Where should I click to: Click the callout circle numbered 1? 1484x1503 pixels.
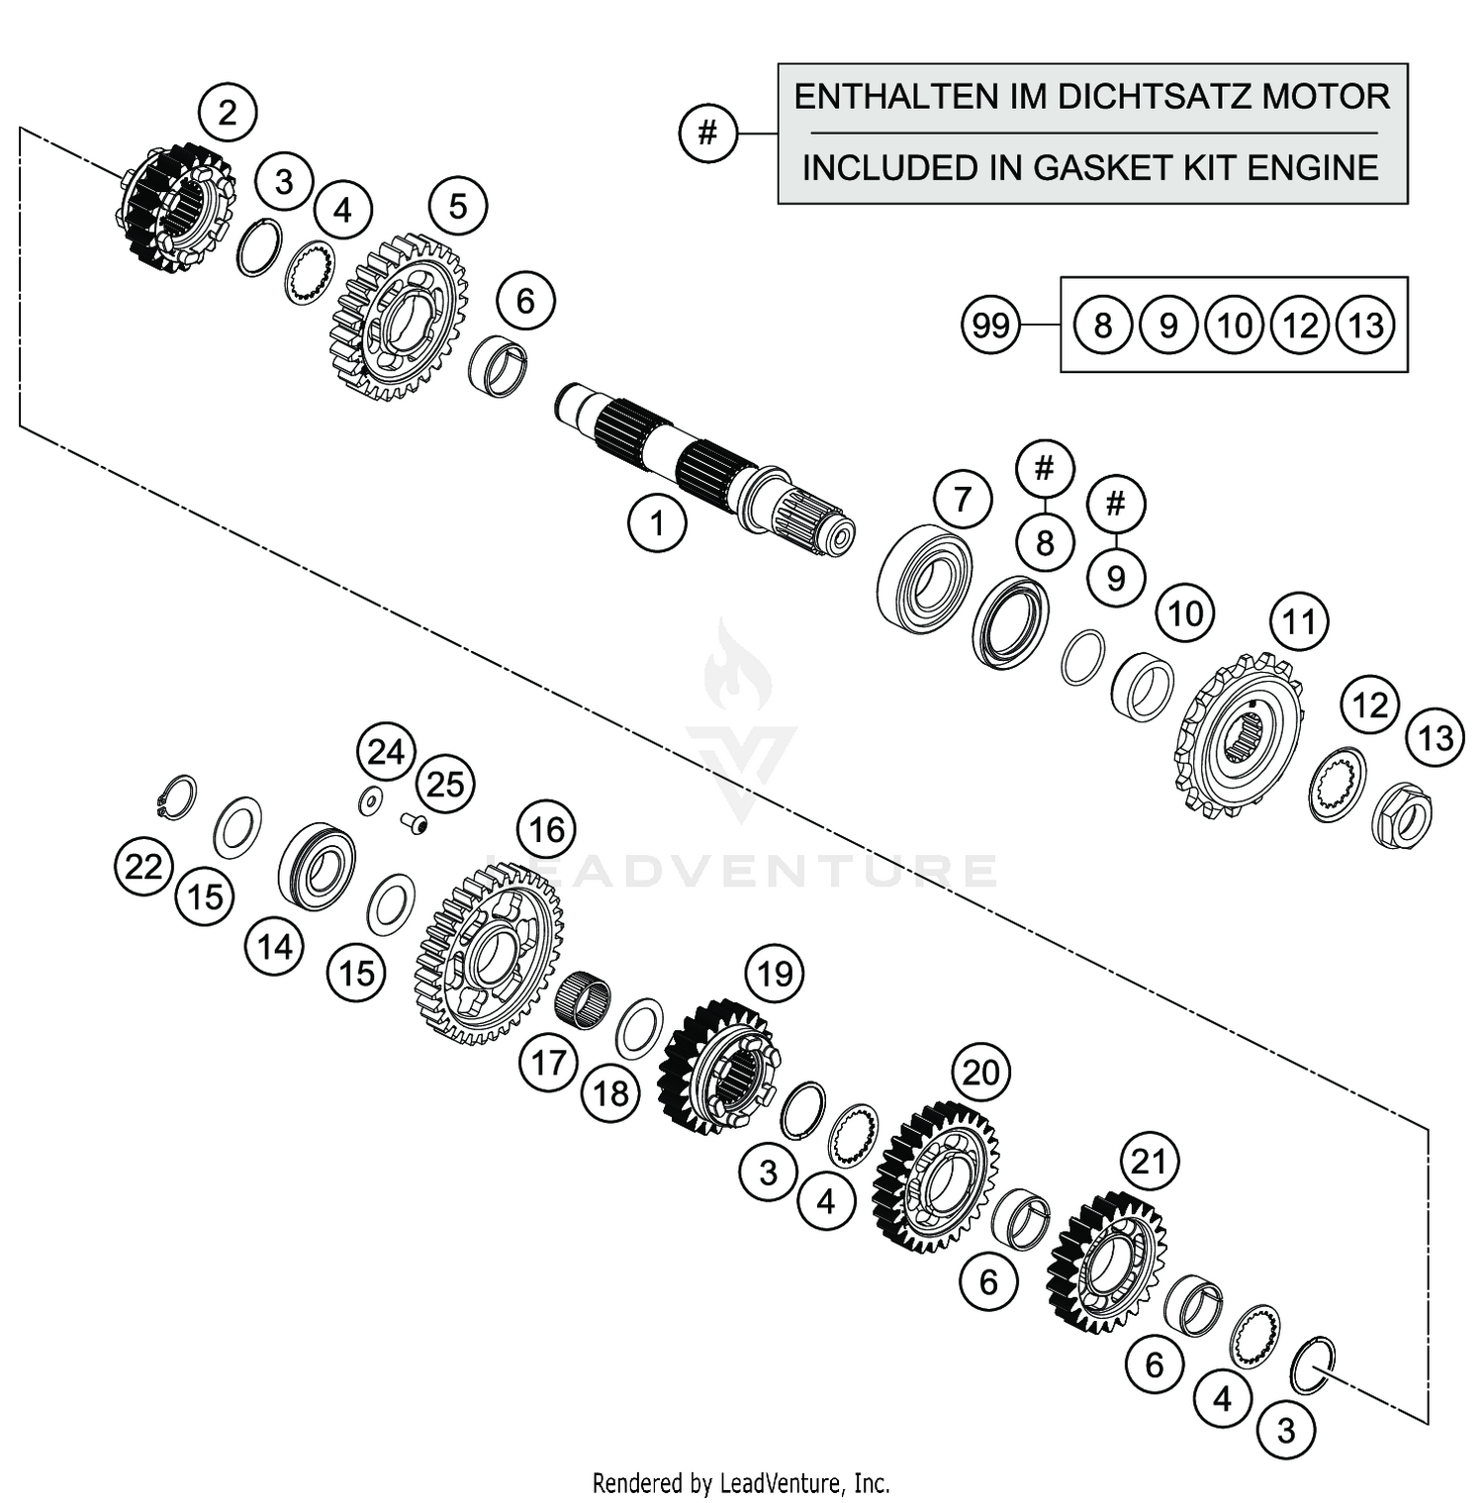(657, 522)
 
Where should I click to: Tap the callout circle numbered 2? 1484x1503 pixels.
(228, 112)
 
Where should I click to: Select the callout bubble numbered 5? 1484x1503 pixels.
(457, 206)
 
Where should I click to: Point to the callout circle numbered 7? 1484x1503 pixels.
(963, 500)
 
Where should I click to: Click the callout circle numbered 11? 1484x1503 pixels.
(1298, 621)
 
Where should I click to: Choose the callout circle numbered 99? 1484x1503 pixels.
(990, 325)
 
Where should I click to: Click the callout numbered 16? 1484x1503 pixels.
(547, 829)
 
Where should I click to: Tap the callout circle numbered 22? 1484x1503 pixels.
(143, 867)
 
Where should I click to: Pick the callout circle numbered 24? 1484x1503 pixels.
(386, 753)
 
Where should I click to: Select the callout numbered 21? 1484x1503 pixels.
(1149, 1161)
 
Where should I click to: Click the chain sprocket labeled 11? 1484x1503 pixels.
(1239, 735)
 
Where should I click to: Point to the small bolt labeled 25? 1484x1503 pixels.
(416, 822)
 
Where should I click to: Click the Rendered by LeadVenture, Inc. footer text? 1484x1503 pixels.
(741, 1483)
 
